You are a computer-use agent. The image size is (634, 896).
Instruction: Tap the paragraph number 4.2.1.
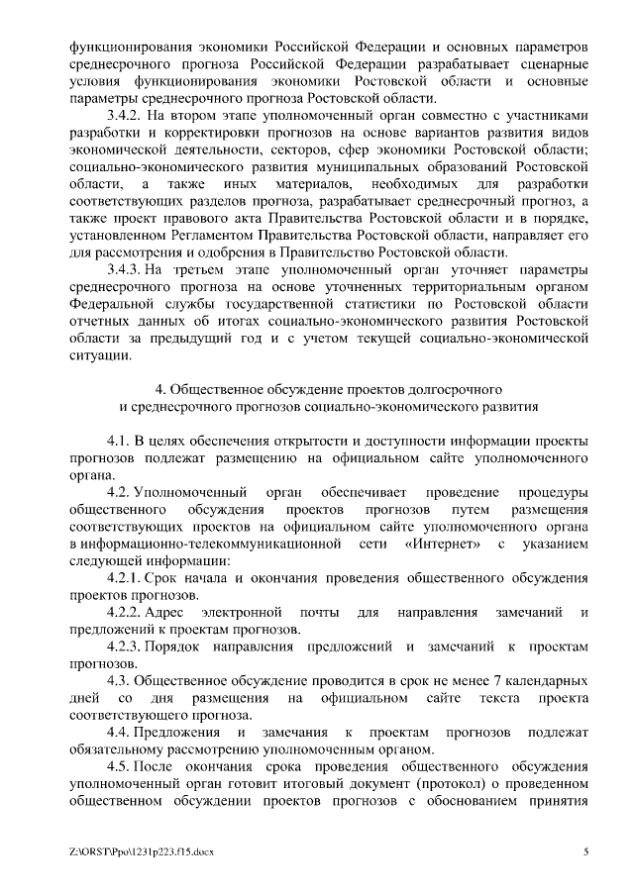point(125,577)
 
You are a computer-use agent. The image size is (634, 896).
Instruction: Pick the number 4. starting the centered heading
point(163,388)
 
